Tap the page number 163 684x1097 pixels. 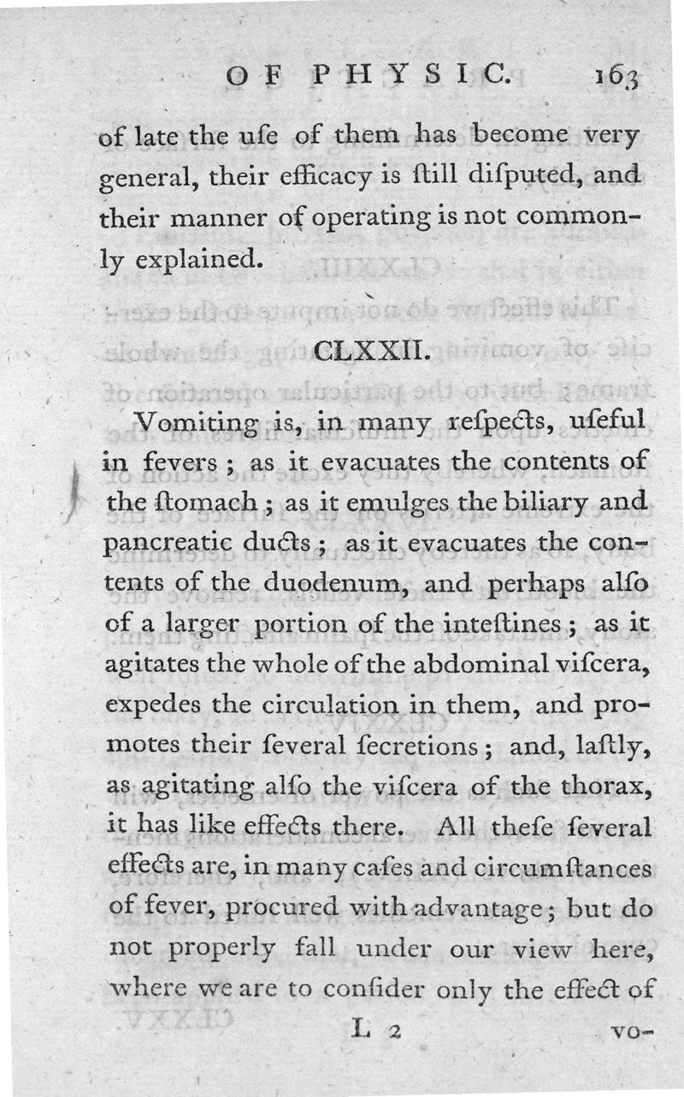click(618, 77)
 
